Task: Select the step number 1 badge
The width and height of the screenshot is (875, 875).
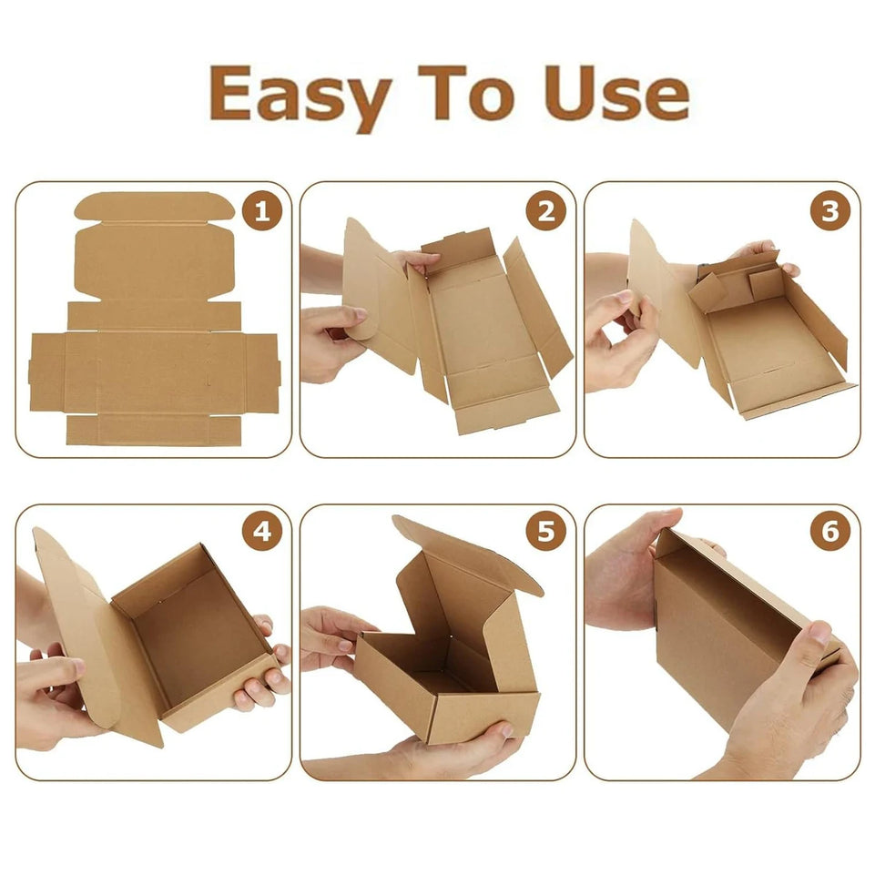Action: tap(261, 212)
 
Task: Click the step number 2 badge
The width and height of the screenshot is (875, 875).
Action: tap(545, 212)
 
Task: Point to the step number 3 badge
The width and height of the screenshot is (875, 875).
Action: tap(829, 212)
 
